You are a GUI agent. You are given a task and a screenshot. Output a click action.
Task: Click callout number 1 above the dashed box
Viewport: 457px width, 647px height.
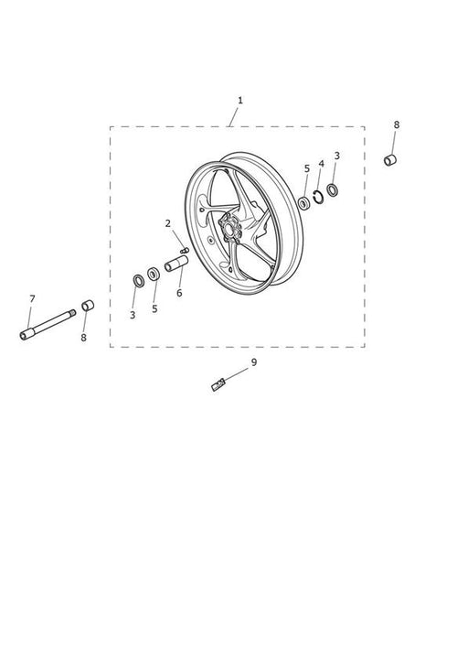coord(240,101)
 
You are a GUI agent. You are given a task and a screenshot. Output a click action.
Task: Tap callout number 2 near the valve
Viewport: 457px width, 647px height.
coord(167,223)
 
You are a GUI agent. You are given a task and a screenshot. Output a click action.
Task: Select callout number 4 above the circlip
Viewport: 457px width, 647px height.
coord(322,164)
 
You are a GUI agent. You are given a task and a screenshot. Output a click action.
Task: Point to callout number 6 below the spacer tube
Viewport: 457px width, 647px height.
coord(179,293)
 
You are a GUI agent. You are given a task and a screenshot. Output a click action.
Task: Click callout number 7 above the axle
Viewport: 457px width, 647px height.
coord(33,298)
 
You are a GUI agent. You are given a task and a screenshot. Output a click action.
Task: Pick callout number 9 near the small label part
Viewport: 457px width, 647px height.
coord(254,361)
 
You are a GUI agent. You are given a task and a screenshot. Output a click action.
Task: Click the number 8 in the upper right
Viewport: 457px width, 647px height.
coord(397,124)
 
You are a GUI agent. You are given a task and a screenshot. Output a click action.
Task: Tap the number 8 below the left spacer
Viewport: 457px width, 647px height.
coord(84,338)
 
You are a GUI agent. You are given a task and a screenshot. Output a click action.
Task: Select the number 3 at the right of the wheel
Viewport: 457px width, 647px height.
coord(337,156)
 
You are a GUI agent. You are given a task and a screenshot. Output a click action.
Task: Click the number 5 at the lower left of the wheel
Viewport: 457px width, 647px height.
coord(154,309)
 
